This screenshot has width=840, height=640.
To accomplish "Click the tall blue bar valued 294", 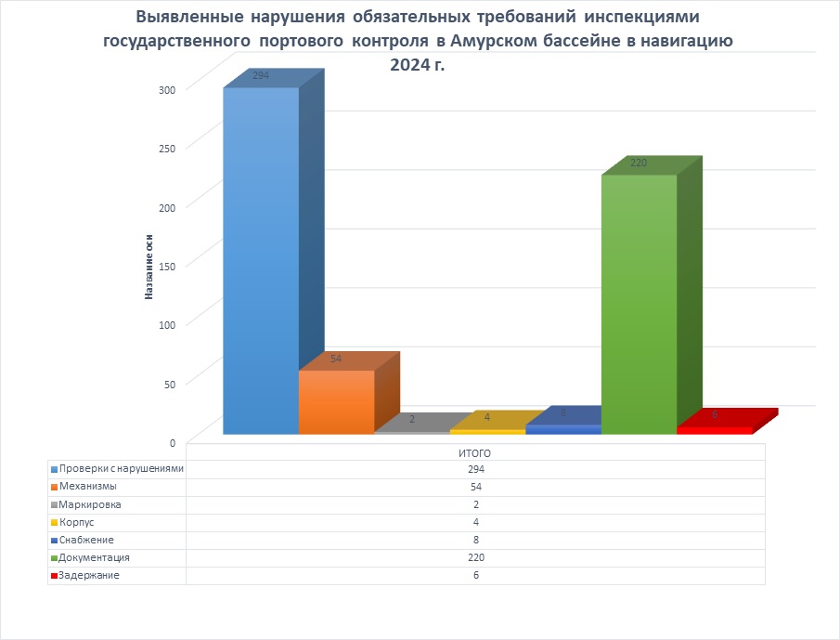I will (x=261, y=260).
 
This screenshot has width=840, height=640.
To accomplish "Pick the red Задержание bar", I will (x=714, y=430).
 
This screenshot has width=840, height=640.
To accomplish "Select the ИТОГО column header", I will (x=475, y=452).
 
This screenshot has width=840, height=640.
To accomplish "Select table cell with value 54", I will (x=475, y=487).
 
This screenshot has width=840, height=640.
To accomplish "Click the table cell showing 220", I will (x=475, y=557).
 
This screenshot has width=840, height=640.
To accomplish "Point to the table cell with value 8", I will (x=475, y=540).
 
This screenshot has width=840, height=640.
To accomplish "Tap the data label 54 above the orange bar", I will (x=336, y=359).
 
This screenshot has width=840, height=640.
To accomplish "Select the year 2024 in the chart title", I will (x=409, y=65).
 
